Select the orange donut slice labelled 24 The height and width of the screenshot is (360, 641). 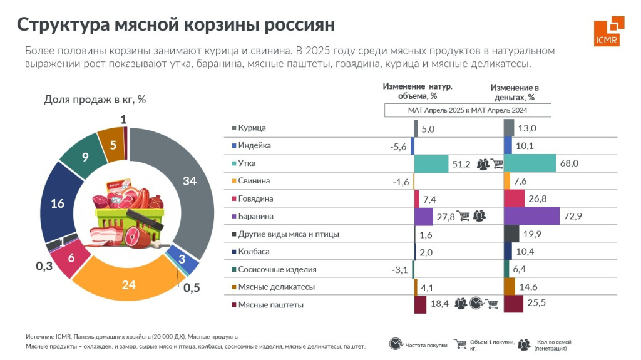tap(129, 285)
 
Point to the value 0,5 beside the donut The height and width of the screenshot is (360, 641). tap(192, 288)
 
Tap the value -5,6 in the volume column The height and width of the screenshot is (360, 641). tap(398, 146)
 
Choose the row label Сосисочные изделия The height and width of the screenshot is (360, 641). tap(277, 269)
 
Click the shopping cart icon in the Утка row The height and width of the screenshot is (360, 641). tap(496, 164)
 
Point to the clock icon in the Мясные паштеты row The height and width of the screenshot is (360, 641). tap(477, 304)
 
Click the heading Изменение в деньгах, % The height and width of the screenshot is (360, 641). tap(514, 92)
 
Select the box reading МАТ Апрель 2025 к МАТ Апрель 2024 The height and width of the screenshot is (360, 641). tap(467, 110)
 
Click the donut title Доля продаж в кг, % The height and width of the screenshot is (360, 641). tap(95, 100)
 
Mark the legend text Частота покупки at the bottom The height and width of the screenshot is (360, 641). tap(426, 345)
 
